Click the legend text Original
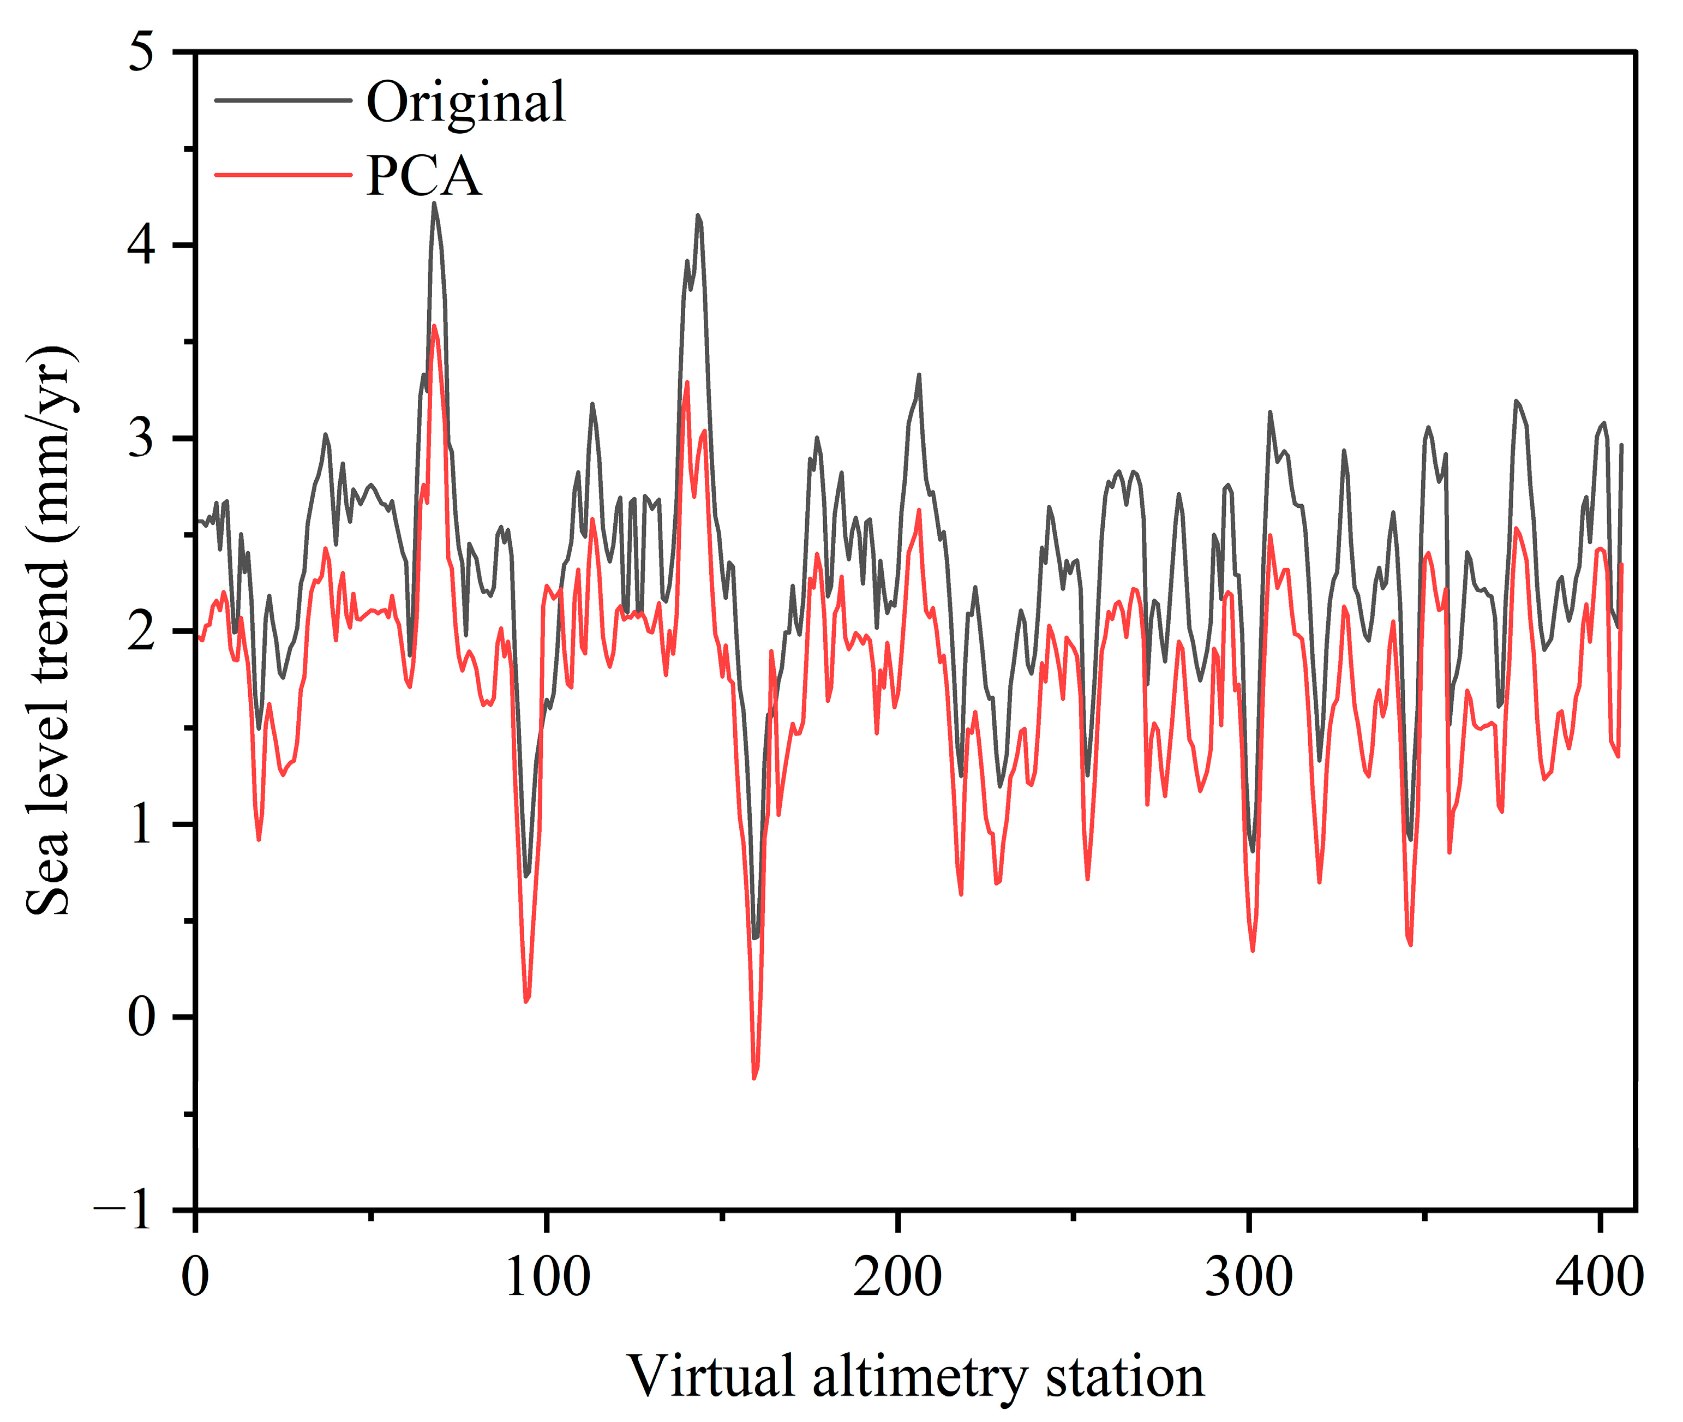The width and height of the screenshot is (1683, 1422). click(x=465, y=103)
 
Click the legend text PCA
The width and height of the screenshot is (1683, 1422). click(x=423, y=176)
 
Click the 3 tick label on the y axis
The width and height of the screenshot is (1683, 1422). click(x=141, y=439)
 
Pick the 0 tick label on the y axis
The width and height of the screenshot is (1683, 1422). click(x=141, y=1017)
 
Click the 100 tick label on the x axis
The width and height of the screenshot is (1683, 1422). click(x=547, y=1278)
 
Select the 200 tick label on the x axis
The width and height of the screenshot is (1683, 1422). click(x=897, y=1278)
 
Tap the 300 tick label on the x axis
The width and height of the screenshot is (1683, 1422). click(x=1249, y=1278)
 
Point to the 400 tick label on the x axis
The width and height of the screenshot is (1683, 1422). click(x=1599, y=1278)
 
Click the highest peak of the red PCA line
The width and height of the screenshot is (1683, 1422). click(x=434, y=326)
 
